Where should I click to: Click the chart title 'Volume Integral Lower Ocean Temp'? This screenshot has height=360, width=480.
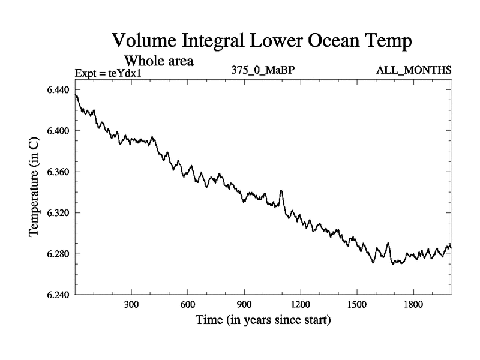click(x=263, y=42)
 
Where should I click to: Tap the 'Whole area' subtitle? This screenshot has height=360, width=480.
click(x=159, y=61)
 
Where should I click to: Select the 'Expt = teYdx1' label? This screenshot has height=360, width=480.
click(x=110, y=73)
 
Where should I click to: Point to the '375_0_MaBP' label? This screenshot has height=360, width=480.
click(x=262, y=71)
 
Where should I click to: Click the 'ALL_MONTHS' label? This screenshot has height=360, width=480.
click(x=413, y=71)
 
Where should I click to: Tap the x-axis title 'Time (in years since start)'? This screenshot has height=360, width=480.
click(x=263, y=321)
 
